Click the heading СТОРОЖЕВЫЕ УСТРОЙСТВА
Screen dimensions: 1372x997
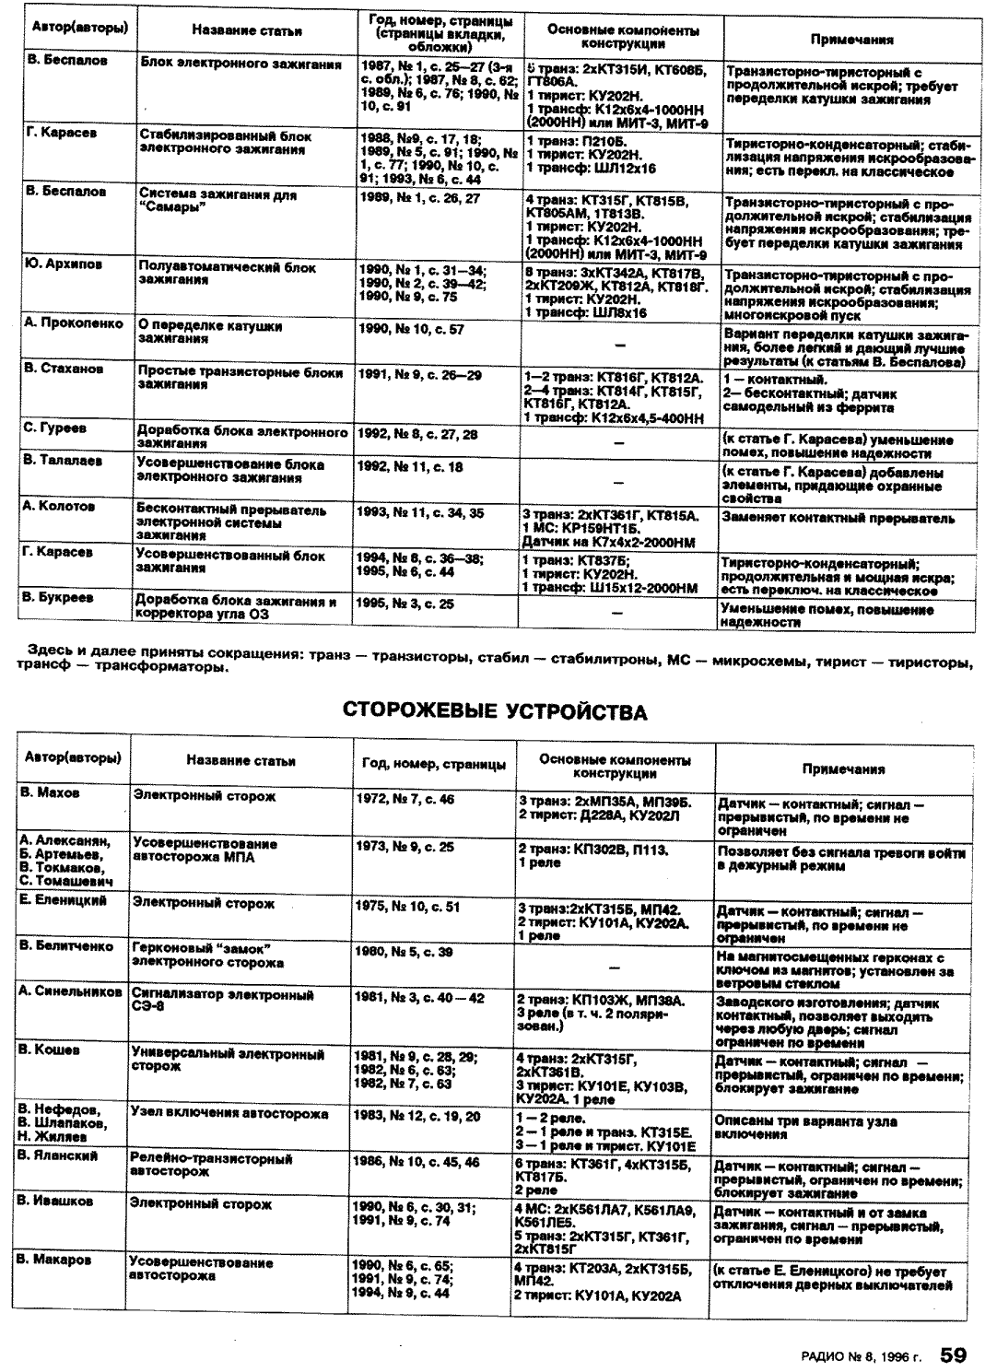[x=494, y=711]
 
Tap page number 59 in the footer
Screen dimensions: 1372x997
[x=953, y=1354]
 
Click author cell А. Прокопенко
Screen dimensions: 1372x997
[x=75, y=323]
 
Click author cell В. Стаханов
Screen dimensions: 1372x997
[x=65, y=369]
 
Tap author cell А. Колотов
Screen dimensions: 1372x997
[x=60, y=506]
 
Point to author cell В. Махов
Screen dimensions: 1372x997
[x=50, y=792]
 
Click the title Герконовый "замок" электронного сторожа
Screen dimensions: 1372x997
[x=207, y=955]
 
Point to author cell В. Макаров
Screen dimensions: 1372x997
[x=54, y=1260]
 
